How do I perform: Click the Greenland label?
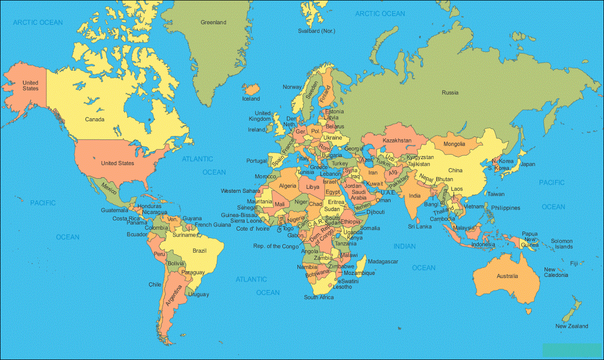coord(213,23)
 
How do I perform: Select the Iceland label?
coord(251,99)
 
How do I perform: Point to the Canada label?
coord(95,119)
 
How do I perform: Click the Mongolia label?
coord(455,145)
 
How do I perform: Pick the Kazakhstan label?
coord(397,140)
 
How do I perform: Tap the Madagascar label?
coord(383,262)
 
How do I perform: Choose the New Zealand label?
coord(571,326)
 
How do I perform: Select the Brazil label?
coord(200,251)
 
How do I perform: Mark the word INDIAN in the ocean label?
coord(405,246)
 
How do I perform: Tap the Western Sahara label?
coord(240,191)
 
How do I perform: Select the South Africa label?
coord(319,298)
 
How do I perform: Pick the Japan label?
coord(527,164)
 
